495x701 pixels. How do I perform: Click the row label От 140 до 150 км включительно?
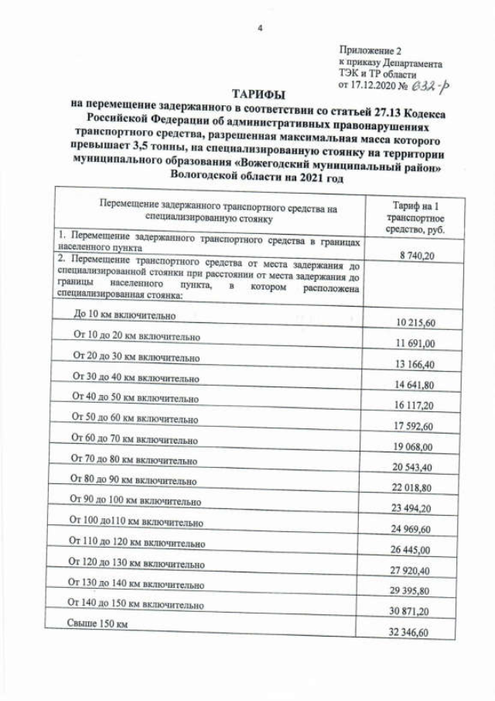pos(136,601)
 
